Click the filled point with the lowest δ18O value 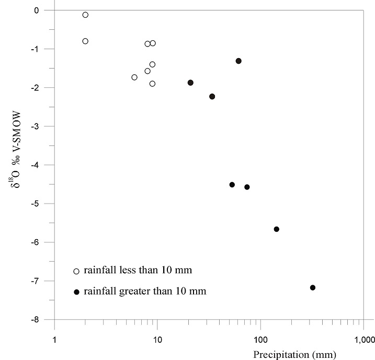(x=313, y=287)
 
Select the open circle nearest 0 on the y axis (x=85, y=15)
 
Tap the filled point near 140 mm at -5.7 (x=277, y=229)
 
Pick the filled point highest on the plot (x=238, y=61)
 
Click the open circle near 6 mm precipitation (x=134, y=77)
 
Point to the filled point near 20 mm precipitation (x=190, y=83)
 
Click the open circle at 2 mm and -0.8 (x=85, y=41)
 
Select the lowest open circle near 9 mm (x=152, y=84)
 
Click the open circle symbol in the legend (x=76, y=271)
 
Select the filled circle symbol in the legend (x=76, y=291)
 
